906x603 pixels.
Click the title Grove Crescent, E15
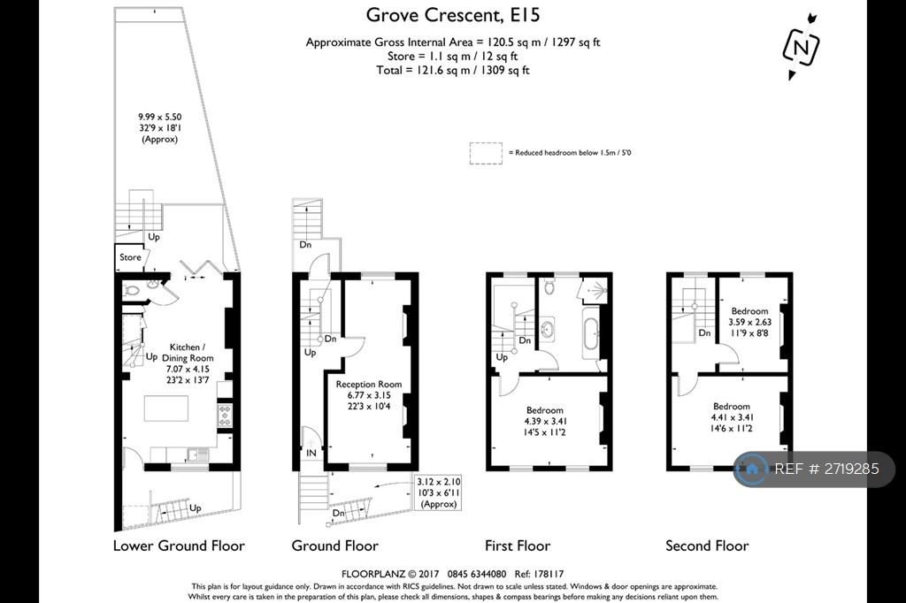coord(453,14)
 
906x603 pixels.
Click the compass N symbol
coord(801,47)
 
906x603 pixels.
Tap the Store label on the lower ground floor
coord(130,257)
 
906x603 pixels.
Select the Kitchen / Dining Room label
coord(188,352)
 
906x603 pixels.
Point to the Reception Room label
coord(369,384)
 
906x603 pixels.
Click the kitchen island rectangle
coord(165,408)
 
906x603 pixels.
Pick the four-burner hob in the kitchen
coord(224,416)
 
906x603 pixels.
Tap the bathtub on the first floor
coord(590,329)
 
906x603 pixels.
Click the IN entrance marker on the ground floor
coord(311,454)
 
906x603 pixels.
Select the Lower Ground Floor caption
coord(179,546)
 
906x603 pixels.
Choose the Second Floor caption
coord(707,546)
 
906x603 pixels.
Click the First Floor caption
coord(518,546)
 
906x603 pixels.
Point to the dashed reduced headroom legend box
coord(486,153)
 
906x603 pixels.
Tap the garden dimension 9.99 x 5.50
coord(159,117)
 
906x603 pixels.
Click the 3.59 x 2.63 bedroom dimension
coord(750,323)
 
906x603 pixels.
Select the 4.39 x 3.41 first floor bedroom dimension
coord(545,421)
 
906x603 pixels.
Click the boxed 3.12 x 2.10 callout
coord(439,492)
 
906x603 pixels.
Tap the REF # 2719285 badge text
coord(826,469)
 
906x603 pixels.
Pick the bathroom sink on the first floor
coord(547,329)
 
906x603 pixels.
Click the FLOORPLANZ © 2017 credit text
coord(390,574)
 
